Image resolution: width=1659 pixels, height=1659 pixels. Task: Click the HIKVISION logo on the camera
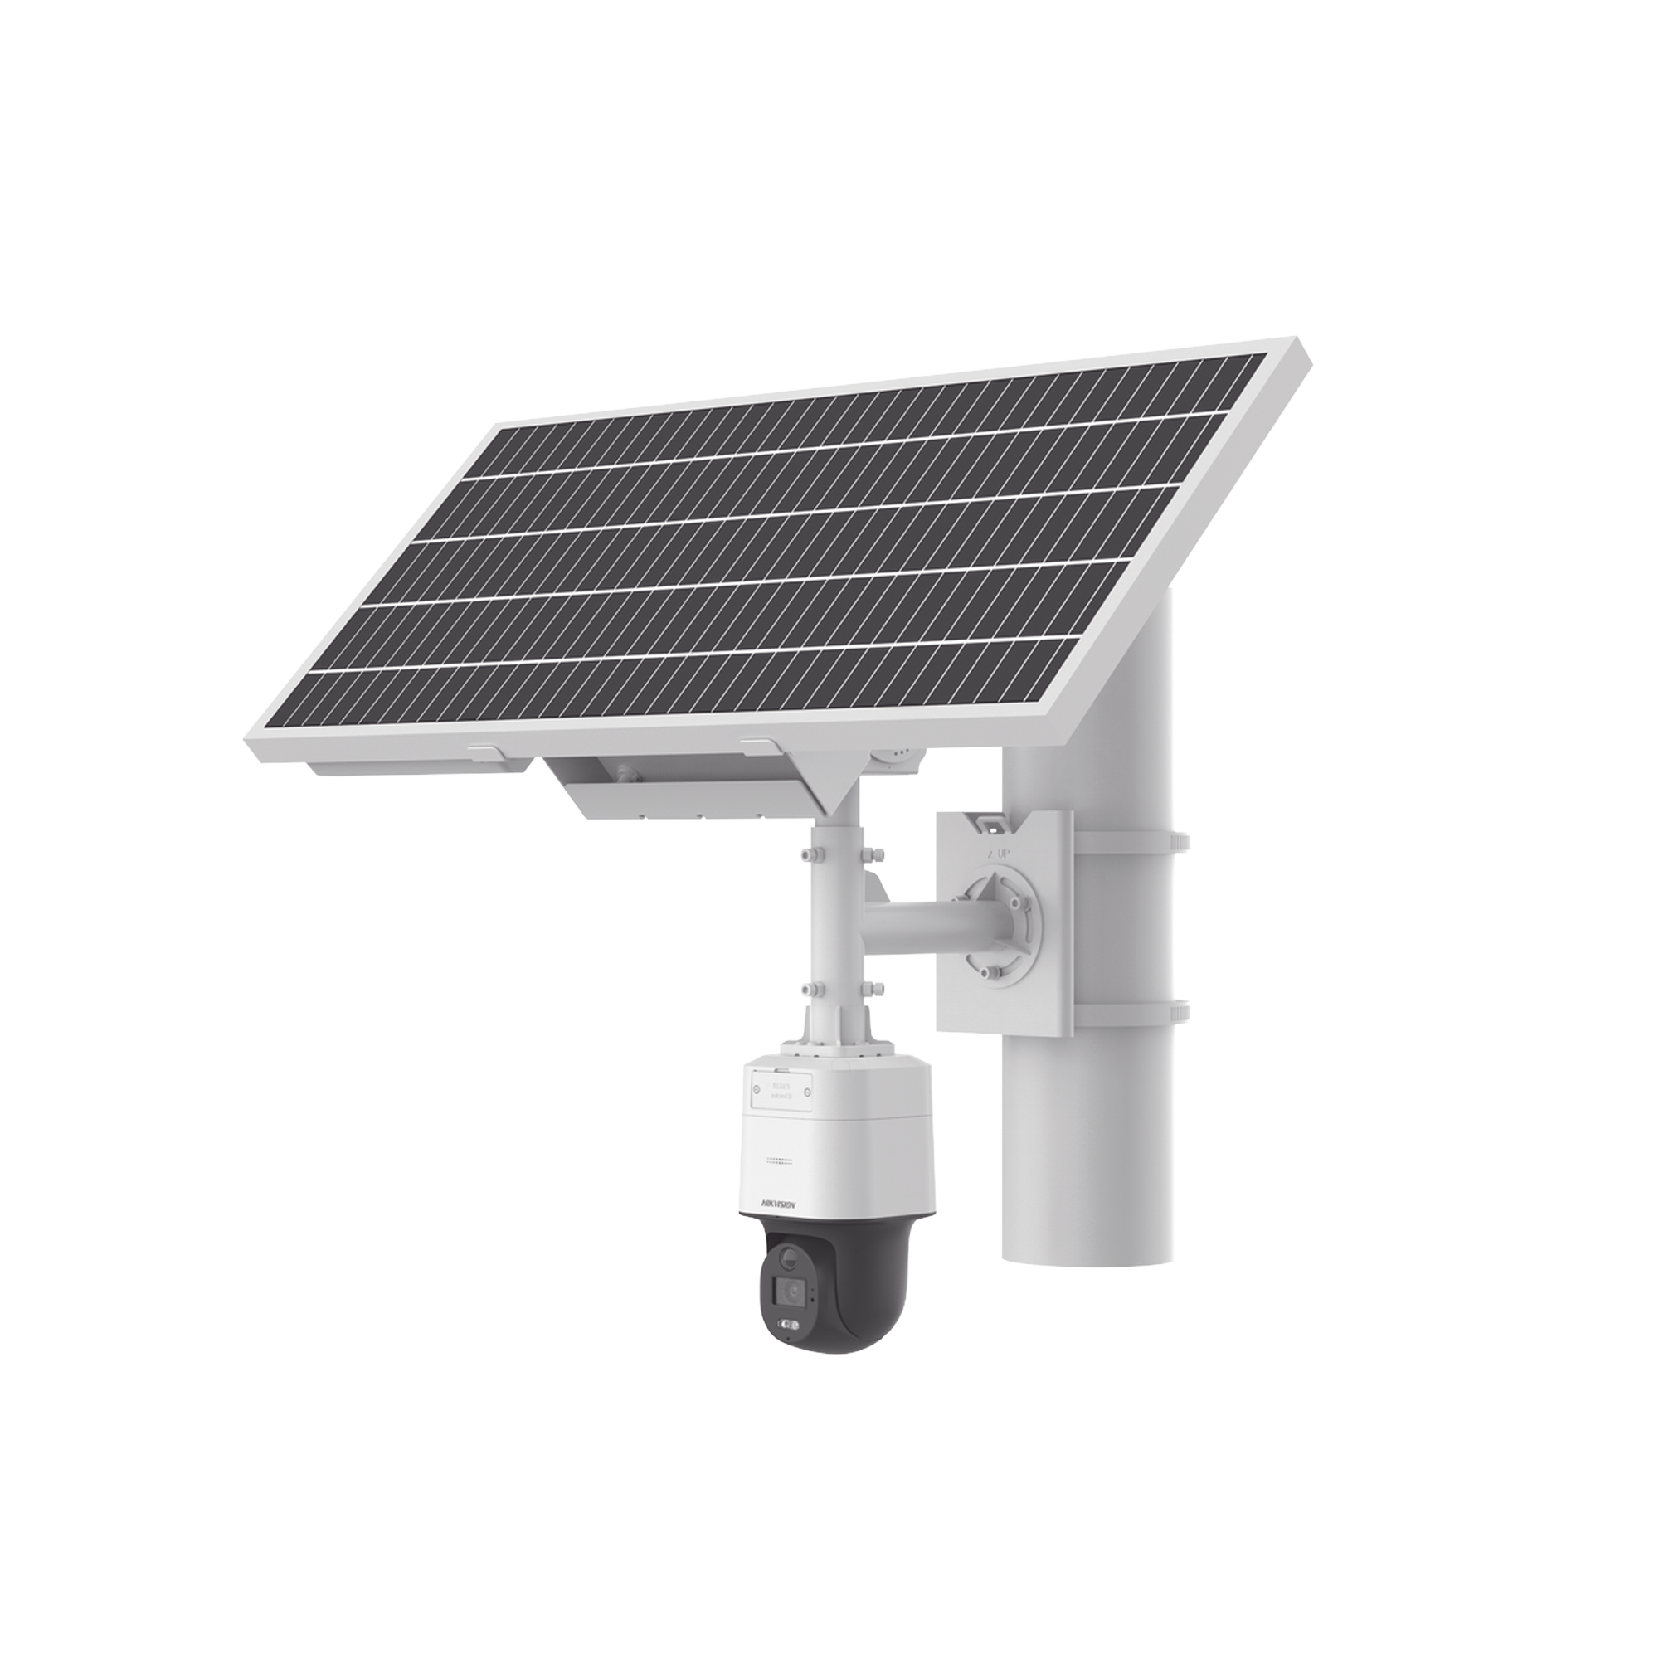778,1205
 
